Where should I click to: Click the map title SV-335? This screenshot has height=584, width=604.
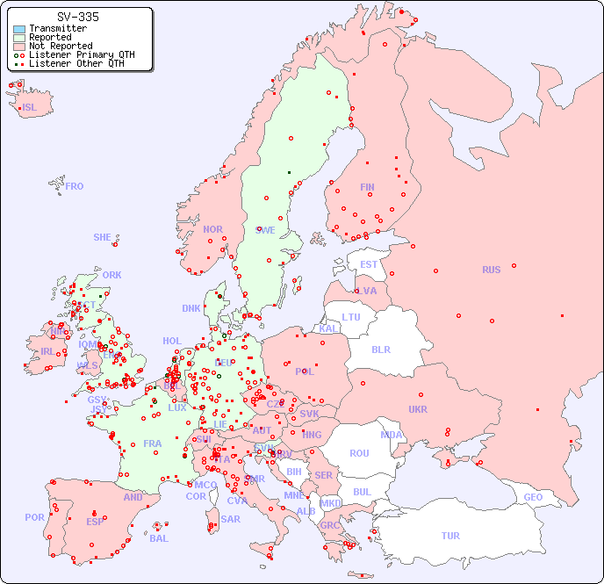[77, 17]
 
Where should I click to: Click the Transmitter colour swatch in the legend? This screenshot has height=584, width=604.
[19, 29]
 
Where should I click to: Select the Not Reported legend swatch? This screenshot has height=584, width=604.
[19, 47]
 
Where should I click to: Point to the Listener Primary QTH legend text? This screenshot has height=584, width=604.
[82, 55]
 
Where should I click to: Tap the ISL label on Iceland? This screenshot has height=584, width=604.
[30, 108]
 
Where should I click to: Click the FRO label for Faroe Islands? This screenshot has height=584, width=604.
[75, 186]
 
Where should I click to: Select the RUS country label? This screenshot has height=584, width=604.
[491, 270]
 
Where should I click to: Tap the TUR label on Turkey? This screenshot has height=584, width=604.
[450, 536]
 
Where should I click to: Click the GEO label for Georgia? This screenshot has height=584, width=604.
[533, 497]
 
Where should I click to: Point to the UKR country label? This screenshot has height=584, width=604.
[418, 409]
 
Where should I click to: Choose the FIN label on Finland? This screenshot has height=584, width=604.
[367, 187]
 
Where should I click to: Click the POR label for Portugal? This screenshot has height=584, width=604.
[34, 517]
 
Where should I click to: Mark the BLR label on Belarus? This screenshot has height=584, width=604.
[380, 349]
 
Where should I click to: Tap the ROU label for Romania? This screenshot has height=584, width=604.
[359, 453]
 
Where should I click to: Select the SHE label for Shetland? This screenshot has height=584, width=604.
[103, 237]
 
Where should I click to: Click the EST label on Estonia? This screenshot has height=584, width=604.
[369, 264]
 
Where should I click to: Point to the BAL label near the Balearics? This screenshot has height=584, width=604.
[159, 538]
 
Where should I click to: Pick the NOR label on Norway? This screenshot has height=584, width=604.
[212, 229]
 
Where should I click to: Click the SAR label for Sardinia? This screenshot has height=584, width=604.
[230, 519]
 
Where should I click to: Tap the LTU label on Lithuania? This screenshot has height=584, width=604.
[351, 317]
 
